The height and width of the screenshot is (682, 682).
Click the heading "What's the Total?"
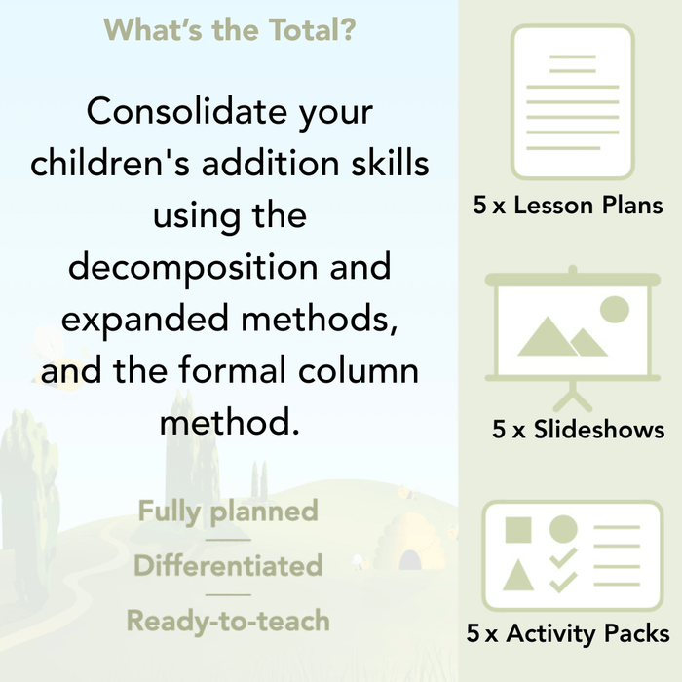pyautogui.click(x=229, y=29)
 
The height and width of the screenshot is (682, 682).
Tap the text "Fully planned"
pyautogui.click(x=228, y=511)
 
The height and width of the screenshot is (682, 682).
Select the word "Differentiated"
pyautogui.click(x=228, y=565)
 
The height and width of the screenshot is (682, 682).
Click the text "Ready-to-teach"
pyautogui.click(x=228, y=620)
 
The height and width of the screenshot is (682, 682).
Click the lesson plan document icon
pyautogui.click(x=572, y=102)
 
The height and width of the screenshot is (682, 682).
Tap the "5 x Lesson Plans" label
pyautogui.click(x=568, y=206)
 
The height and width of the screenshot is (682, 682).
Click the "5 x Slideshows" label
pyautogui.click(x=578, y=430)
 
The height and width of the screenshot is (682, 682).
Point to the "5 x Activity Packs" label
pyautogui.click(x=568, y=634)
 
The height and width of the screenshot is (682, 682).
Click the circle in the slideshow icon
pyautogui.click(x=614, y=310)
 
